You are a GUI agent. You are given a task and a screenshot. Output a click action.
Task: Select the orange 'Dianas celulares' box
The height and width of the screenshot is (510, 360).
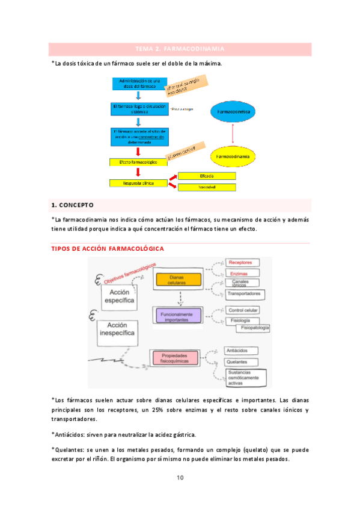tap(177, 279)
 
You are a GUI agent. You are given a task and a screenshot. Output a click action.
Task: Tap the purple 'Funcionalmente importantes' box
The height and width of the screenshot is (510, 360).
tap(177, 316)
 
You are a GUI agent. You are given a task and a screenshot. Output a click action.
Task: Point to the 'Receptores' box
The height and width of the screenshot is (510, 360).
tap(243, 263)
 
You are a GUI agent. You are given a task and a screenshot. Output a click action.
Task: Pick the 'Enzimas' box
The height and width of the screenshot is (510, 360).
tap(240, 273)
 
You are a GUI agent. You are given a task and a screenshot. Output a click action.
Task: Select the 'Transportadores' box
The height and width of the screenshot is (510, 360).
tap(244, 293)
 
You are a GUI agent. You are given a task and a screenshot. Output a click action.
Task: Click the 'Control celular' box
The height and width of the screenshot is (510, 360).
tap(243, 310)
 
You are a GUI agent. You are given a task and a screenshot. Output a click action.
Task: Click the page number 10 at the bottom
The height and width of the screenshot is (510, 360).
tap(180, 478)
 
